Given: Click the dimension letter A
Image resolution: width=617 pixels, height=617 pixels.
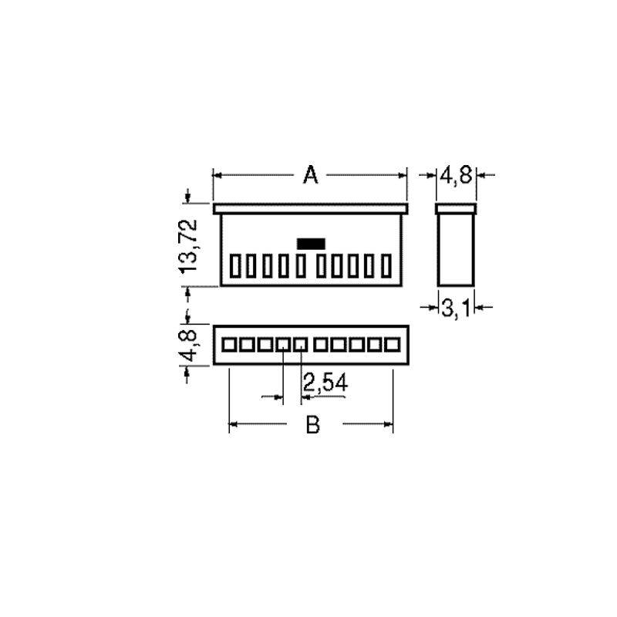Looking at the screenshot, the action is coord(311,175).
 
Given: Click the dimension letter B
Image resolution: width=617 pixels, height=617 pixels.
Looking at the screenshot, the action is coord(313,425).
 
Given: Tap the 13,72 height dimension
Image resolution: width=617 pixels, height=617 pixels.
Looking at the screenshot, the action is coord(187,246).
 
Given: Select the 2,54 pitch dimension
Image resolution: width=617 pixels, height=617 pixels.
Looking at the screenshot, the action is coord(325,383).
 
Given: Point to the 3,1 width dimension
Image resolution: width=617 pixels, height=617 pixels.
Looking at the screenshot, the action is coord(456,308).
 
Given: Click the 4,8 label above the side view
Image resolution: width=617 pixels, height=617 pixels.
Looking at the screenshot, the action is coord(456,175).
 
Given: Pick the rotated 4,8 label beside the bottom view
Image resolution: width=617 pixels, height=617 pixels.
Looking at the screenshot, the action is coord(188,346).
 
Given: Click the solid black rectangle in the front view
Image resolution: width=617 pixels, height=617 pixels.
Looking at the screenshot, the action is coord(311,244).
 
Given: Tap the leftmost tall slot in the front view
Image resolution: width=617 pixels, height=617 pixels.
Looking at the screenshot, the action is coord(235,266).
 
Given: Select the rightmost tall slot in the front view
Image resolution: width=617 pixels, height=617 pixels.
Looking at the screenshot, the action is coord(386,266).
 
